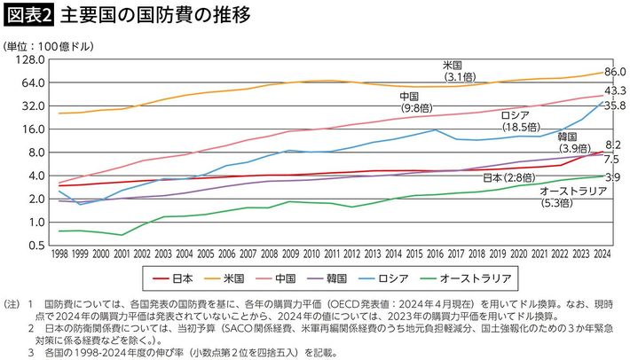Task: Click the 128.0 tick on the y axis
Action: point(30,60)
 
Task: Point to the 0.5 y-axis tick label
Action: point(36,246)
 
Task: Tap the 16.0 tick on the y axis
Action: point(33,129)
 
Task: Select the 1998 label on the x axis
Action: point(59,254)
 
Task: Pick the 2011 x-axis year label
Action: point(328,254)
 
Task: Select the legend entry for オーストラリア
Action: point(476,278)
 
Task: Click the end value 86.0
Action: point(615,72)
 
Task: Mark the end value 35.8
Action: point(615,106)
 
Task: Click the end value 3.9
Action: point(612,178)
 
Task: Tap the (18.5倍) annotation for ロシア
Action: point(522,127)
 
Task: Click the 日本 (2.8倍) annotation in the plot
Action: point(511,178)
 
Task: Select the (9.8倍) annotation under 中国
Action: point(413,107)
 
